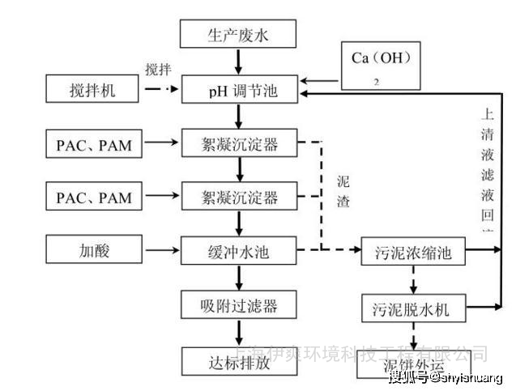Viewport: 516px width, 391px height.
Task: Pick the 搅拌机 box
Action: pos(92,90)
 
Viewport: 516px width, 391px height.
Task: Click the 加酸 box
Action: pos(92,250)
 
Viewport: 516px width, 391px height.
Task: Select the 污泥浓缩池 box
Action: pos(412,253)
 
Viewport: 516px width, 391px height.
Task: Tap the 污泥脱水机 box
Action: pos(412,308)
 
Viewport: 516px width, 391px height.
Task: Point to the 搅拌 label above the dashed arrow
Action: pos(159,68)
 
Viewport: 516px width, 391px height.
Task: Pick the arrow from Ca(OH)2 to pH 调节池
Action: pos(321,81)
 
